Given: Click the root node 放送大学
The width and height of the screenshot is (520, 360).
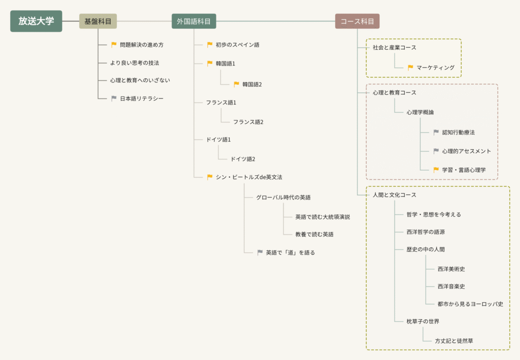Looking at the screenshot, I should tap(36, 21).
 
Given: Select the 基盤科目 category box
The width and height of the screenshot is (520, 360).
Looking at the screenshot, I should tap(98, 21).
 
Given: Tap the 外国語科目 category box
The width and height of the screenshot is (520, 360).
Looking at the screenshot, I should tap(193, 21).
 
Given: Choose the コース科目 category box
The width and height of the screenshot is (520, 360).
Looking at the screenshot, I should tap(357, 21).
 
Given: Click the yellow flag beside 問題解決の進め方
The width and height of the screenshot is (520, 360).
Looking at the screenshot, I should tap(114, 45).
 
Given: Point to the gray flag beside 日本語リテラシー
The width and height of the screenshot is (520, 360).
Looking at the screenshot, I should tap(114, 99).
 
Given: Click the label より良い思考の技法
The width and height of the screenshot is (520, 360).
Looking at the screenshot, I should tap(135, 63).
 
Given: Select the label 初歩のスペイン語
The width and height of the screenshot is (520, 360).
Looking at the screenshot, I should tap(237, 45).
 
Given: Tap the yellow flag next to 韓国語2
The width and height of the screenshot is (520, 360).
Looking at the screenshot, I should tap(236, 84).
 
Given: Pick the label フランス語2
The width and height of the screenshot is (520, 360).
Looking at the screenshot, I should tap(248, 122).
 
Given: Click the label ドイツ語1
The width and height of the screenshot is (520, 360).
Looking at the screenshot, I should tap(221, 140).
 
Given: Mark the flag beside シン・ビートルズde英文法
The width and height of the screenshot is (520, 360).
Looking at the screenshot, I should tap(210, 177).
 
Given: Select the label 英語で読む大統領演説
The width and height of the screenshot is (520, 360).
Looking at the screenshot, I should tap(322, 217).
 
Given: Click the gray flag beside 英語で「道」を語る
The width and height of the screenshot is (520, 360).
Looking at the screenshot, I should tap(260, 252).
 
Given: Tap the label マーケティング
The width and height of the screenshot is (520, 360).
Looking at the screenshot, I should tap(435, 68).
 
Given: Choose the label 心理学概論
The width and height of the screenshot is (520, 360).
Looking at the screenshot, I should tap(420, 112).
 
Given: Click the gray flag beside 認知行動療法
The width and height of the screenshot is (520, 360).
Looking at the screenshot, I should tap(436, 133).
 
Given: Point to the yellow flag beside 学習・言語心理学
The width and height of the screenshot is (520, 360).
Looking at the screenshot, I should tap(436, 170).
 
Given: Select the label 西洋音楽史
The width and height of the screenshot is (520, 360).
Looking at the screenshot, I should tap(451, 286).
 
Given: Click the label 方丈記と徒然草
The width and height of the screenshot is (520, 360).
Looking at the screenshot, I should tap(453, 341).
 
